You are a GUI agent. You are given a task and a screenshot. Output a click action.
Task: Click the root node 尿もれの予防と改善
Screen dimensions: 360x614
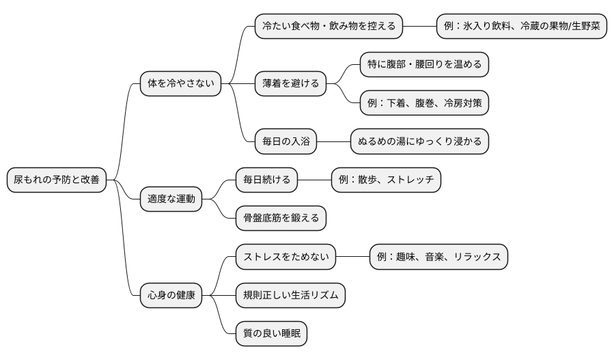[x=56, y=180]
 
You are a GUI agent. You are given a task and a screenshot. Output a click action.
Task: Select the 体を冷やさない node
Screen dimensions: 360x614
[x=180, y=84]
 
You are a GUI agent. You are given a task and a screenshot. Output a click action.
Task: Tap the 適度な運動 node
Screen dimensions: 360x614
[x=171, y=199]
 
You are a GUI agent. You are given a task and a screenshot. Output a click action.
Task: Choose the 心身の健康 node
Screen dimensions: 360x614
[x=171, y=296]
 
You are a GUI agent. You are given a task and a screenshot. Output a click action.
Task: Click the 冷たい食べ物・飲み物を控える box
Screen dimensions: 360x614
[x=329, y=27]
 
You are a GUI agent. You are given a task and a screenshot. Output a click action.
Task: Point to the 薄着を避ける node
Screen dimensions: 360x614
[x=290, y=84]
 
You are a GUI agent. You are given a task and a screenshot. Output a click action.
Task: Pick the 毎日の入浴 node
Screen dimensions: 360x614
[x=285, y=142]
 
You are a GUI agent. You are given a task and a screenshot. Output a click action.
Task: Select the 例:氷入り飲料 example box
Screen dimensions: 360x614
[x=522, y=27]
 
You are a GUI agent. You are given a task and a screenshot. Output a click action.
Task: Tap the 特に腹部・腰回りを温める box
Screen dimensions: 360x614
[x=424, y=65]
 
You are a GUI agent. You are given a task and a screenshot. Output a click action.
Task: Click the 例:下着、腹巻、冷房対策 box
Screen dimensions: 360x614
[x=424, y=103]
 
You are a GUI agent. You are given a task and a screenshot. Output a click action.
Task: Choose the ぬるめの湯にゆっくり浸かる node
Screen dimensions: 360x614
[x=419, y=142]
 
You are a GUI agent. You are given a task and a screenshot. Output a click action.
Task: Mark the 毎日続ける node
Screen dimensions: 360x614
[x=266, y=180]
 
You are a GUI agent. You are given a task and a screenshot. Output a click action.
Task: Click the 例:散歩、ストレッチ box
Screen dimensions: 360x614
[x=386, y=180]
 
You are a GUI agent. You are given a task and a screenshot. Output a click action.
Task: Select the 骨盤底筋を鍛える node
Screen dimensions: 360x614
[x=281, y=219]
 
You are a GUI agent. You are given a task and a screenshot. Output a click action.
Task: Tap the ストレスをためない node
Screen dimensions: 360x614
[x=285, y=257]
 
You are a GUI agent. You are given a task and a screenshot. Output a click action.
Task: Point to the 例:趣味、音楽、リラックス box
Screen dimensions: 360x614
[x=438, y=257]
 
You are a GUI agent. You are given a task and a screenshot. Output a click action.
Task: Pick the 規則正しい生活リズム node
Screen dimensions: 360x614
[x=290, y=296]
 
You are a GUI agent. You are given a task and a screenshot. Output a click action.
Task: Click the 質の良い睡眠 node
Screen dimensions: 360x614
[x=271, y=334]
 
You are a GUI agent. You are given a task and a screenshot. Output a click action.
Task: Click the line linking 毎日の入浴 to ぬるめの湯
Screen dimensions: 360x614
[x=333, y=142]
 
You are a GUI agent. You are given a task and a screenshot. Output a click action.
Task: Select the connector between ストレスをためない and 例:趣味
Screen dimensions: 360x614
[x=352, y=257]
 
